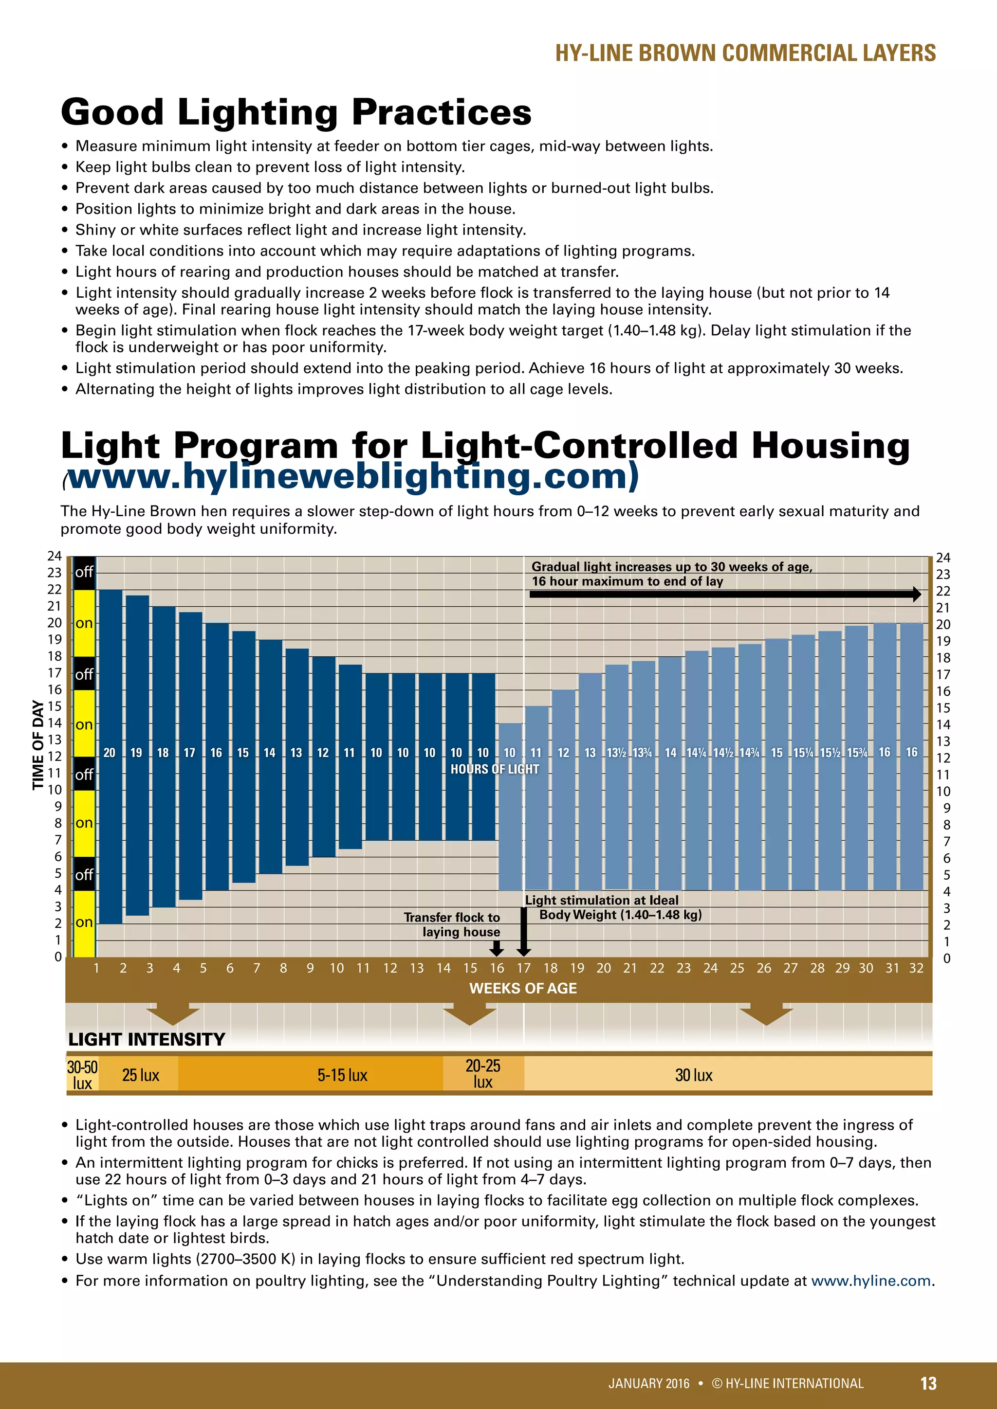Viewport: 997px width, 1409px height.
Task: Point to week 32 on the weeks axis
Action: pos(916,968)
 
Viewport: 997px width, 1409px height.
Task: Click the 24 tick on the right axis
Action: pos(943,558)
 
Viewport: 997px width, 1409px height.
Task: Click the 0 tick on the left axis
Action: pos(58,957)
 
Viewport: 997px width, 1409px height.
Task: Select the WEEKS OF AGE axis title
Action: pos(523,988)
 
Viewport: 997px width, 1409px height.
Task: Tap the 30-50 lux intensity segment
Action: pos(82,1075)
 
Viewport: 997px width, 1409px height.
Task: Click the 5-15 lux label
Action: pos(342,1075)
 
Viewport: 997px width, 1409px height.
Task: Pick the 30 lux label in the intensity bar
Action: pos(694,1075)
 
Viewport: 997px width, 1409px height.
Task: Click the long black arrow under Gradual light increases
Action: pos(724,594)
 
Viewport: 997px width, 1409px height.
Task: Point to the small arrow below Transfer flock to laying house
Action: pos(497,949)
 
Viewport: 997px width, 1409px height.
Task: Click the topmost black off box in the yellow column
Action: pos(84,573)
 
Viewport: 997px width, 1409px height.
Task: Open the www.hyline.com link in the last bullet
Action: pos(870,1281)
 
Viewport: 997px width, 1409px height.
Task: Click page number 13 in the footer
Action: pos(928,1383)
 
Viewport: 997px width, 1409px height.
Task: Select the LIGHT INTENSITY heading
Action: pos(147,1039)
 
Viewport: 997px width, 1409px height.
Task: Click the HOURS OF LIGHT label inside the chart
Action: pos(495,769)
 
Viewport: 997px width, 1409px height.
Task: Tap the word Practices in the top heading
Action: pos(442,112)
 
